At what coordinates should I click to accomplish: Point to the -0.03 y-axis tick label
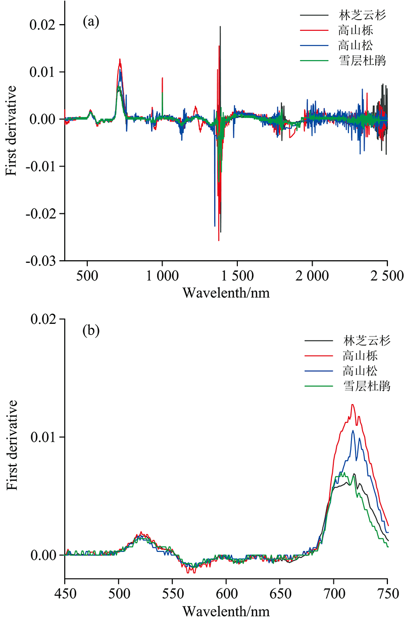(45, 261)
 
